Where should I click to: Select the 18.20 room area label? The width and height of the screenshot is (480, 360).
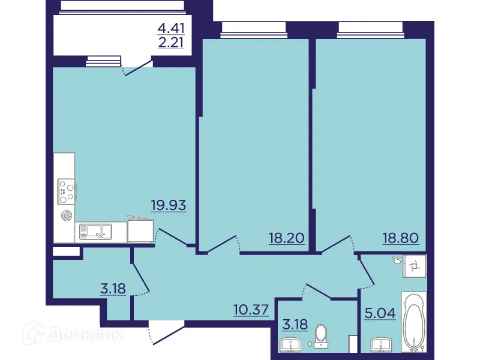[x=287, y=238]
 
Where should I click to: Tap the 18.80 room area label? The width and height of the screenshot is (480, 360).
[x=400, y=238]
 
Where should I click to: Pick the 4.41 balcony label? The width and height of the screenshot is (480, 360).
[x=170, y=28]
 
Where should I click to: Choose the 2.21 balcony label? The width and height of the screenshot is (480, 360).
[x=170, y=43]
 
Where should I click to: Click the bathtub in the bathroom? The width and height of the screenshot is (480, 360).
[x=413, y=324]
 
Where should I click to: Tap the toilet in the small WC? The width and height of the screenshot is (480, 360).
[x=322, y=335]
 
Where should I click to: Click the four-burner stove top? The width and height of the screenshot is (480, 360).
[x=65, y=190]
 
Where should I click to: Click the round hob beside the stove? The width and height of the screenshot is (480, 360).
[x=66, y=215]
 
